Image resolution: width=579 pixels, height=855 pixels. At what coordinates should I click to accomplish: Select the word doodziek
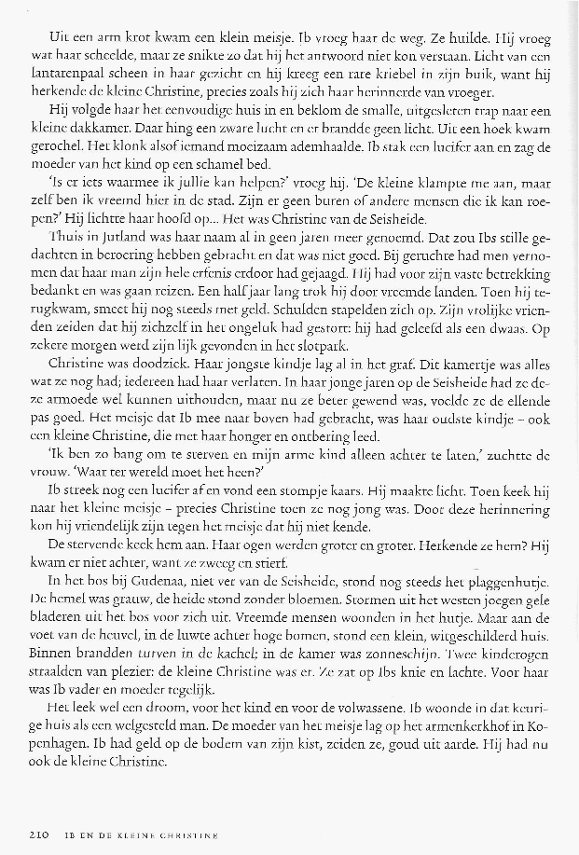tap(144, 359)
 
